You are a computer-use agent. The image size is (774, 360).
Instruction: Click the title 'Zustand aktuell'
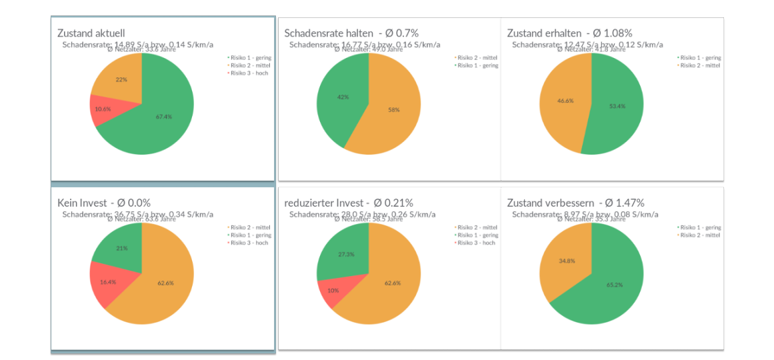pos(91,33)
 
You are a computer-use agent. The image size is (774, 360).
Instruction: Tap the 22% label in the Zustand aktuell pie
pos(121,79)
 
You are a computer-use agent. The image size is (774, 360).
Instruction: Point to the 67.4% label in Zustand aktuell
pos(164,117)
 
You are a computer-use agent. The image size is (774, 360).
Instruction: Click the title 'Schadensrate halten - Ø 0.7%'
pos(351,33)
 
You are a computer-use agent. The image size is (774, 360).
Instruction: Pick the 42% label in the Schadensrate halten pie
pos(343,97)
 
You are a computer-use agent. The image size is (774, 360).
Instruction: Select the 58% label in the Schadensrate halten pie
pos(393,109)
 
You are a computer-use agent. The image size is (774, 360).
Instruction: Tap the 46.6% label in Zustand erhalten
pos(565,101)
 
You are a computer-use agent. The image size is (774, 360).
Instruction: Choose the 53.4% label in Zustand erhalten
pos(617,106)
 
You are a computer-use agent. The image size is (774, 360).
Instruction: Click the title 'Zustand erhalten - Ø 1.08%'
pos(569,33)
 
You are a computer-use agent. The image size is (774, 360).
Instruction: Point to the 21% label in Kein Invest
pos(121,248)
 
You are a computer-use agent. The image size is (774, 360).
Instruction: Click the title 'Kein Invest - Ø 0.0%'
pos(104,203)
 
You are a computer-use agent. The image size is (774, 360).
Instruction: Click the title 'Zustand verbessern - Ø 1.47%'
pos(575,203)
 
